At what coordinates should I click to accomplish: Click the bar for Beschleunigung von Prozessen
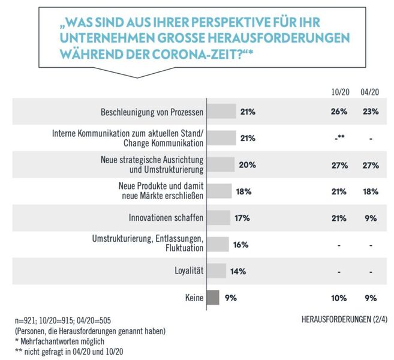pyautogui.click(x=221, y=112)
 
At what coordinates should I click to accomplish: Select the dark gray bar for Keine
pyautogui.click(x=213, y=298)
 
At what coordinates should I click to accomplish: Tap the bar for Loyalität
pyautogui.click(x=216, y=271)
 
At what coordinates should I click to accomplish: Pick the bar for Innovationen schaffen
pyautogui.click(x=219, y=217)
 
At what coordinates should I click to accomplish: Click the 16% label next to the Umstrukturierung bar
pyautogui.click(x=240, y=244)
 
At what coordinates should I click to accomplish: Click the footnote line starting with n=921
pyautogui.click(x=74, y=320)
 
